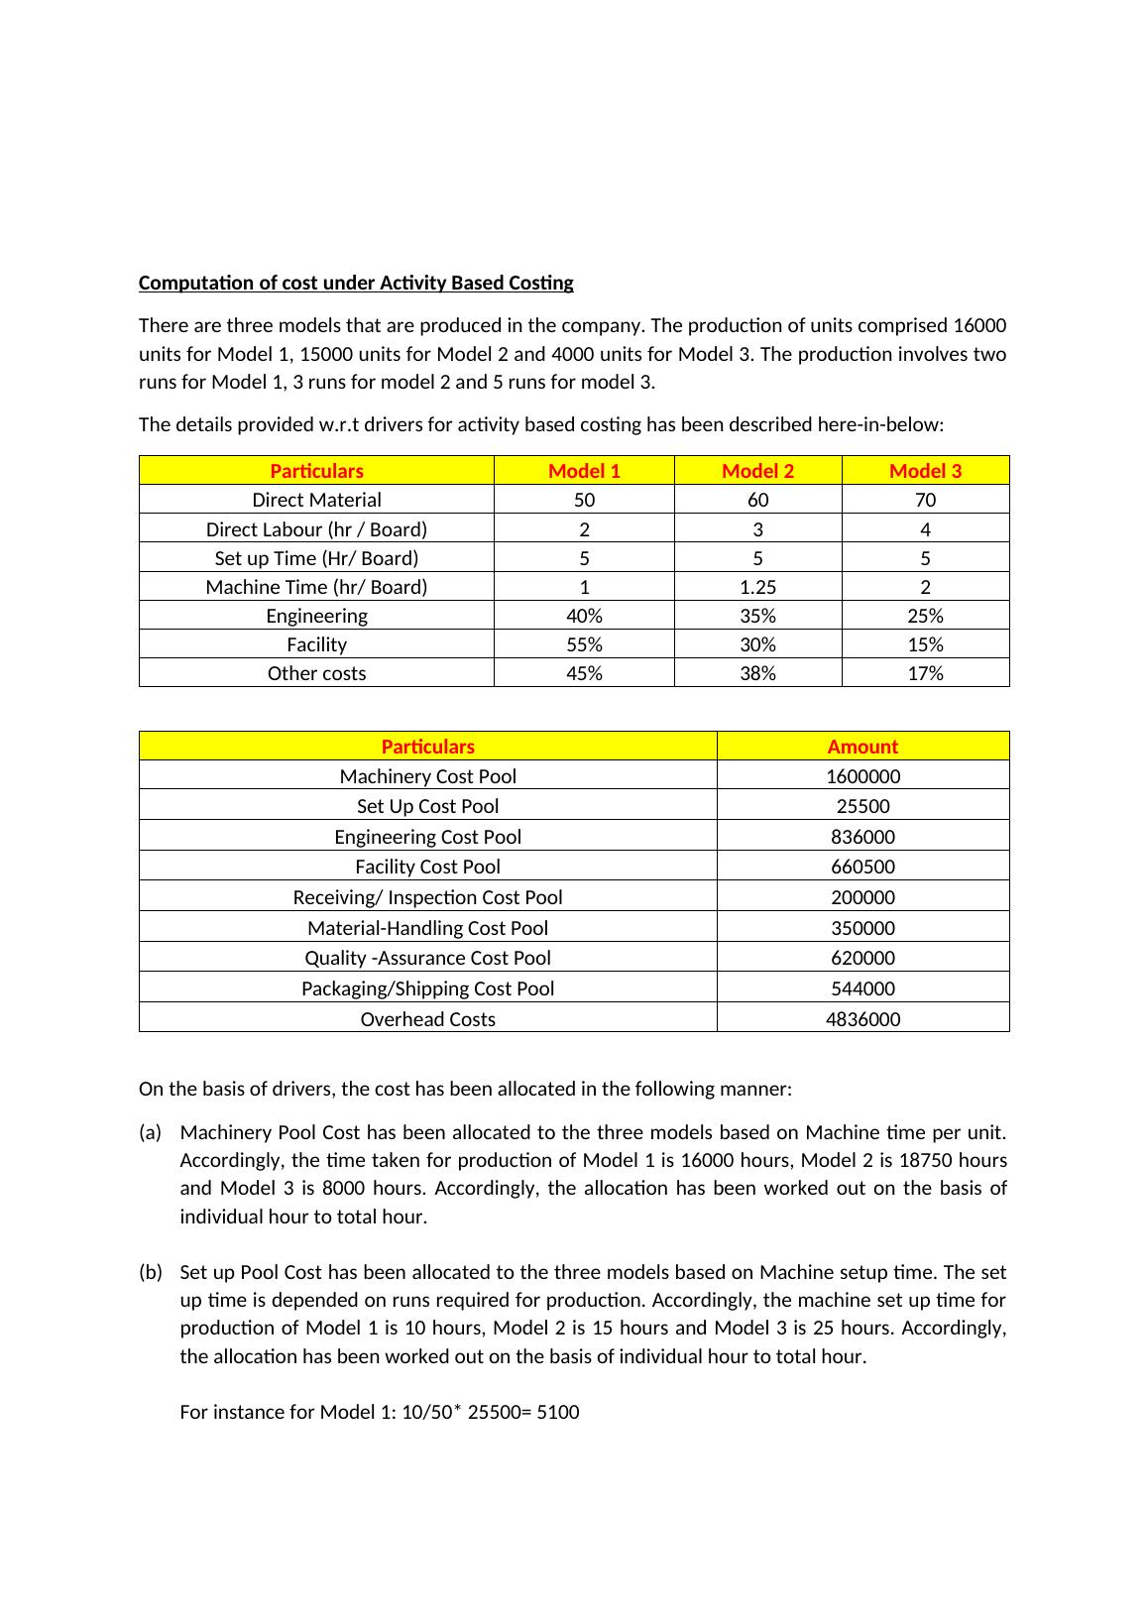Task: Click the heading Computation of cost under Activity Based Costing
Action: click(x=356, y=283)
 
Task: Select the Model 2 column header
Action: click(x=757, y=471)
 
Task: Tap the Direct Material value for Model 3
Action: click(x=925, y=500)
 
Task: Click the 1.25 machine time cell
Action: click(x=757, y=587)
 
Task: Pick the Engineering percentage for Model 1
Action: click(x=584, y=616)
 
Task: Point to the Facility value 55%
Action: click(x=584, y=644)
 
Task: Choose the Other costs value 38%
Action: click(x=757, y=673)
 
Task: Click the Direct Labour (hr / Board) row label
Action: click(x=316, y=528)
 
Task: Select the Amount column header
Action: click(x=862, y=747)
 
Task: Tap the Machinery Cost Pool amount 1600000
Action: click(x=862, y=776)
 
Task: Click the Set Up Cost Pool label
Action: click(x=427, y=806)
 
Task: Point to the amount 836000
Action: click(x=862, y=837)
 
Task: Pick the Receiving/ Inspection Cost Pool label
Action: click(x=427, y=897)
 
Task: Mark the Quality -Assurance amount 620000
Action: click(x=862, y=958)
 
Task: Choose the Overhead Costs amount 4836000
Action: click(x=862, y=1019)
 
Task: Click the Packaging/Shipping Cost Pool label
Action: click(x=427, y=988)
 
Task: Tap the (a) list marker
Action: click(x=150, y=1132)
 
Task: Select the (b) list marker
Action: click(x=150, y=1272)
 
